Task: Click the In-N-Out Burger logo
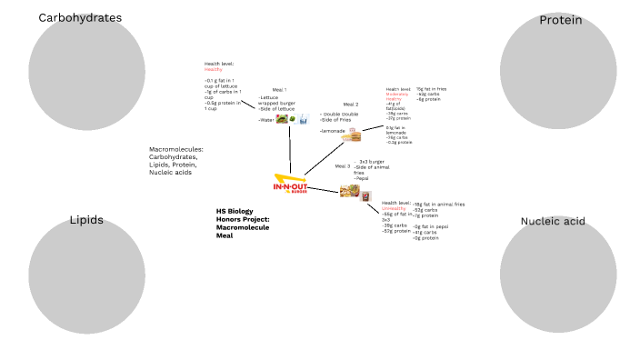tap(290, 185)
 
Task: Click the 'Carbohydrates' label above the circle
tap(80, 18)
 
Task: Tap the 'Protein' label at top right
tap(560, 20)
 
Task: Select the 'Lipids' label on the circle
tap(86, 220)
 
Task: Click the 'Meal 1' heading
tap(279, 90)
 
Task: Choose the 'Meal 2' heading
tap(351, 105)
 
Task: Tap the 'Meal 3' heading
tap(342, 166)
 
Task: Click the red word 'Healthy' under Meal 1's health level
tap(213, 69)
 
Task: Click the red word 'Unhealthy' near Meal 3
tap(394, 208)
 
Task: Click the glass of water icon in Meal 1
tap(304, 119)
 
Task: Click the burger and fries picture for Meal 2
tap(351, 136)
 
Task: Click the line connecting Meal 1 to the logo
tap(289, 150)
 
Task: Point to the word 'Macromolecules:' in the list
tap(175, 149)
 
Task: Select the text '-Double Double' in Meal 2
tap(338, 114)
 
